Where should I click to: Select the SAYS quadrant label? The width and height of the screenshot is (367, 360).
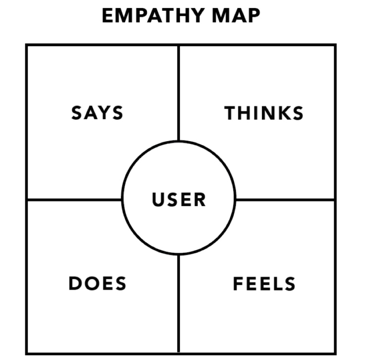tap(97, 113)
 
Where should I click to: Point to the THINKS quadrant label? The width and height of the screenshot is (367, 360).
tap(264, 113)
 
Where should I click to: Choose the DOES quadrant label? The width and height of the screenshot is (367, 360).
tap(97, 284)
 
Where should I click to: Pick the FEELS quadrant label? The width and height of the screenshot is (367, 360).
tap(264, 284)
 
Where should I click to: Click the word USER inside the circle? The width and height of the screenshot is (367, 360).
tap(179, 200)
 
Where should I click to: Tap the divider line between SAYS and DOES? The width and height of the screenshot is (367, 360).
tap(74, 200)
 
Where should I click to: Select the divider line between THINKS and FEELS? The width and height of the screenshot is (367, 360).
tap(285, 200)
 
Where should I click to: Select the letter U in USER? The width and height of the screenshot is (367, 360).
tap(158, 200)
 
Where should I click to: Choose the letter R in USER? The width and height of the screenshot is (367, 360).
tap(199, 200)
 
